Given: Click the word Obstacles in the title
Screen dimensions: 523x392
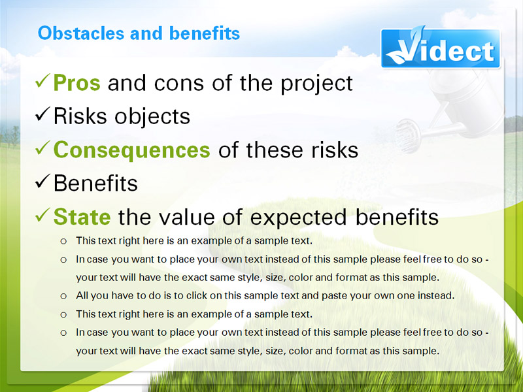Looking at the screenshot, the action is point(81,33).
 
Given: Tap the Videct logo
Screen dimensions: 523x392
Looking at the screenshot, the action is point(440,48).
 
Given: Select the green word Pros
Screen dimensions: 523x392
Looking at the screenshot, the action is point(76,83).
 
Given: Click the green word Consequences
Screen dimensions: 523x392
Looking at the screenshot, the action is point(132,150).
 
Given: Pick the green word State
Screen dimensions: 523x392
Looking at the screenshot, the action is point(82,217).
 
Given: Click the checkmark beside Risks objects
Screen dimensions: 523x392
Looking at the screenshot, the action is point(42,114).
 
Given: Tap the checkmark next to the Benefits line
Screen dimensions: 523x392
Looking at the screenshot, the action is point(42,181).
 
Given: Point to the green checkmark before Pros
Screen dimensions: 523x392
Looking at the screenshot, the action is point(42,80).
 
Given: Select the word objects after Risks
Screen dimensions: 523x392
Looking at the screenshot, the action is point(152,117).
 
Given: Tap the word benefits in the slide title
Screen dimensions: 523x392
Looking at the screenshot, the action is point(205,33).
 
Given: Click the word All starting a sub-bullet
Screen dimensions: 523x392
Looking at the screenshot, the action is point(82,296).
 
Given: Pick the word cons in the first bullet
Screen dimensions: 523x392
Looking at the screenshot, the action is point(178,84).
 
